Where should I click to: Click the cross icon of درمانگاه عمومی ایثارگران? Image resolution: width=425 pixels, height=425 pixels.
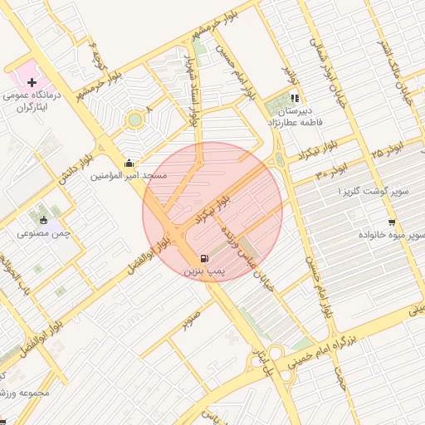tap(32, 82)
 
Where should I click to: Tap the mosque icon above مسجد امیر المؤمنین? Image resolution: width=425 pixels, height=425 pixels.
tap(128, 164)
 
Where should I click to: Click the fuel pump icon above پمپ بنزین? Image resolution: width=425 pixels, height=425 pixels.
tap(204, 258)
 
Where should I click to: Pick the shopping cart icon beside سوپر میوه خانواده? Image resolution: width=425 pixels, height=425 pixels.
tap(391, 222)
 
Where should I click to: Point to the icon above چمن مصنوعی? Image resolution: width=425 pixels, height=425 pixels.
tap(42, 220)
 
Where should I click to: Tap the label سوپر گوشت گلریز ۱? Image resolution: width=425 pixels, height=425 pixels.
tap(374, 192)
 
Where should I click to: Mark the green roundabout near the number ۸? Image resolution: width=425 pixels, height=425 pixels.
tap(134, 120)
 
